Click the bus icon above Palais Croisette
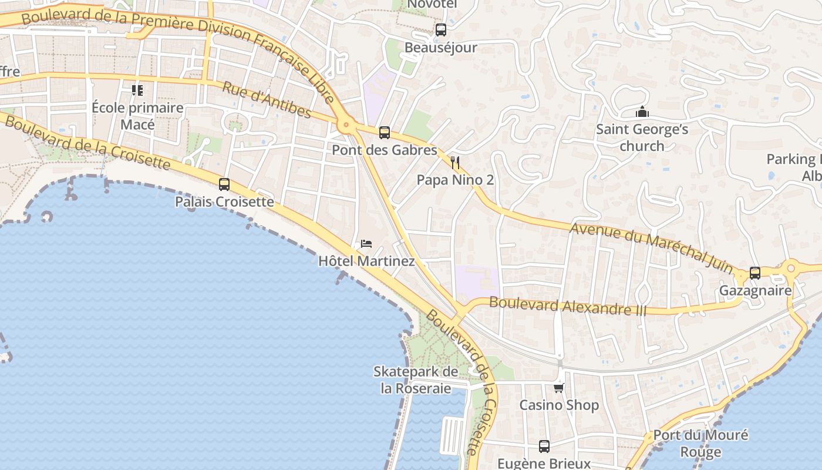(224, 184)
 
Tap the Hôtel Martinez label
(366, 261)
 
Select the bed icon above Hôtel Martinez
(366, 243)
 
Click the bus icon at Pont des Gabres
(385, 133)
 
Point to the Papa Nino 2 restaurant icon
(455, 163)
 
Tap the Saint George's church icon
(642, 112)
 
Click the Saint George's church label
(642, 137)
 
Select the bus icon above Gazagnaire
(755, 273)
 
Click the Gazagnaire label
(755, 291)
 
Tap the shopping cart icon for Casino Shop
(559, 388)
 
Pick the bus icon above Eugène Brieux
(544, 446)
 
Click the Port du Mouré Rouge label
(700, 444)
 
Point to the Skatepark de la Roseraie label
(416, 380)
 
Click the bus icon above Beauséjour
(441, 30)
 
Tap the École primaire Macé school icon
(137, 90)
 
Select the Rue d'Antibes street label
(267, 100)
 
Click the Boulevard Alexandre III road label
(567, 306)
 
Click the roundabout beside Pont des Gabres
(346, 125)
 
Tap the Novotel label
(432, 4)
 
